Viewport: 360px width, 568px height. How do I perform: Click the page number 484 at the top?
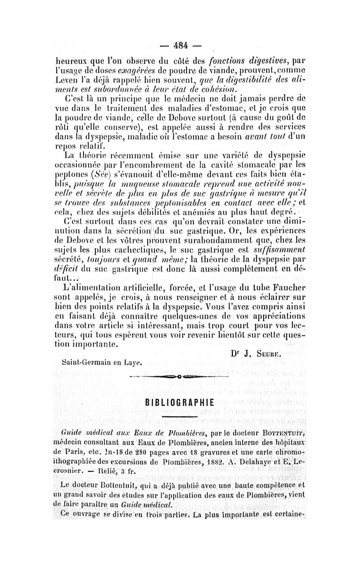(x=180, y=45)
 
